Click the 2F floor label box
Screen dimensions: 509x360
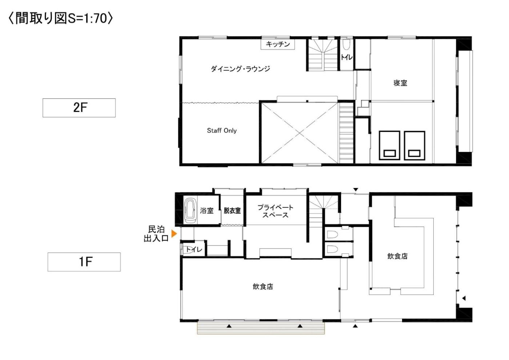coord(79,108)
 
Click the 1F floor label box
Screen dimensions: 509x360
coord(84,262)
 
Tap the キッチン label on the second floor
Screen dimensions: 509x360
coord(278,44)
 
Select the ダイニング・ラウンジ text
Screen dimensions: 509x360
coord(240,68)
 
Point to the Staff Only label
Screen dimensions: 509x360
coord(222,131)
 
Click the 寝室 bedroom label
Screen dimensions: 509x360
coord(400,83)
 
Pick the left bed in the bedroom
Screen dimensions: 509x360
coord(389,145)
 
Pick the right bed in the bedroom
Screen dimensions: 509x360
coord(415,145)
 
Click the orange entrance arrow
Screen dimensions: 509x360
coord(174,233)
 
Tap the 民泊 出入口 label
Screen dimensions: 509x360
coord(156,233)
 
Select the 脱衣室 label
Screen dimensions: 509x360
coord(232,211)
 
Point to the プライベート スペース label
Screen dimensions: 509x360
coord(276,211)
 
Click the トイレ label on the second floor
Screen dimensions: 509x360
coord(346,57)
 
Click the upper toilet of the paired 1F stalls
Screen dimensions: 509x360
coord(332,234)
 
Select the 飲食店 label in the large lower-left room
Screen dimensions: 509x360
coord(263,287)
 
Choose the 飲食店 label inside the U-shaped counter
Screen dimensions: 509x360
coord(397,256)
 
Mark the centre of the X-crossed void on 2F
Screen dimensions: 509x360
coord(300,133)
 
